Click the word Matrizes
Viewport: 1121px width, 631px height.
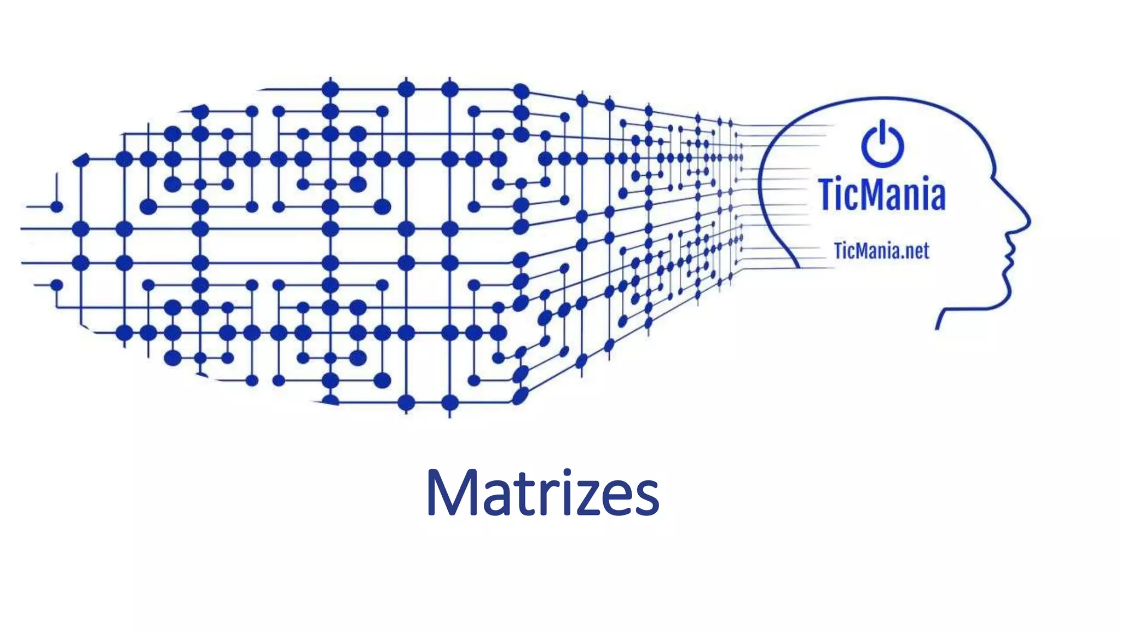click(x=542, y=494)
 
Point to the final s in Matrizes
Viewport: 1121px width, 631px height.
click(x=646, y=500)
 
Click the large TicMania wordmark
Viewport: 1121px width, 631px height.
click(x=882, y=194)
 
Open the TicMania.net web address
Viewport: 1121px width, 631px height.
click(x=881, y=251)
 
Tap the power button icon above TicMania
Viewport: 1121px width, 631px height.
click(x=882, y=144)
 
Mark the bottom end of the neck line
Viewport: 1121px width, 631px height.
click(x=938, y=327)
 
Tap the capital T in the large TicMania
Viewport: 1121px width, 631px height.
click(x=829, y=194)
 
